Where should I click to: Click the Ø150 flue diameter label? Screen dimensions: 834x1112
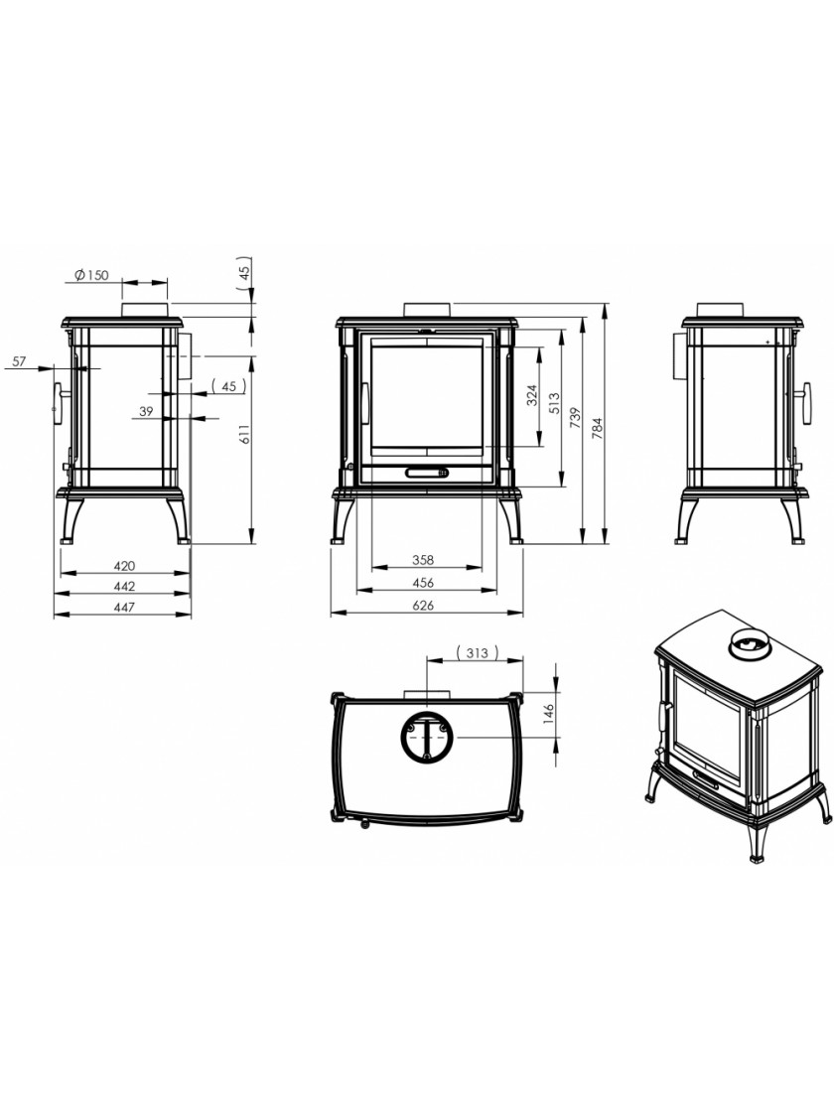point(91,275)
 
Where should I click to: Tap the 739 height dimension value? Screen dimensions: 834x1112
point(575,416)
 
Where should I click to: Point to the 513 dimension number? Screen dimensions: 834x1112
point(554,403)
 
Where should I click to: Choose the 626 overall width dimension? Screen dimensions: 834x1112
point(426,605)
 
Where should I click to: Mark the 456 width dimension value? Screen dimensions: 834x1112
point(423,583)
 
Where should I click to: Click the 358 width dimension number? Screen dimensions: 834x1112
point(423,560)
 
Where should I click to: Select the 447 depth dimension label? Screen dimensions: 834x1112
point(123,607)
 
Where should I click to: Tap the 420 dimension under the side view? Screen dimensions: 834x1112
point(123,566)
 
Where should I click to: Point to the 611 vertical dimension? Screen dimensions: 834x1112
point(244,434)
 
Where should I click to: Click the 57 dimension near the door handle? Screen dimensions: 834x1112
point(19,361)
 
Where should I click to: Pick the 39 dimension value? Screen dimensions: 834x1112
point(146,411)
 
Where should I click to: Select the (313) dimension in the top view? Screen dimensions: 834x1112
point(477,652)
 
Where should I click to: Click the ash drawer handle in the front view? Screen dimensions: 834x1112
point(426,472)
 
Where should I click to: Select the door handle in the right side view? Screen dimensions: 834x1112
point(805,402)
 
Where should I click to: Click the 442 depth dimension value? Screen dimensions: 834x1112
point(123,587)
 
